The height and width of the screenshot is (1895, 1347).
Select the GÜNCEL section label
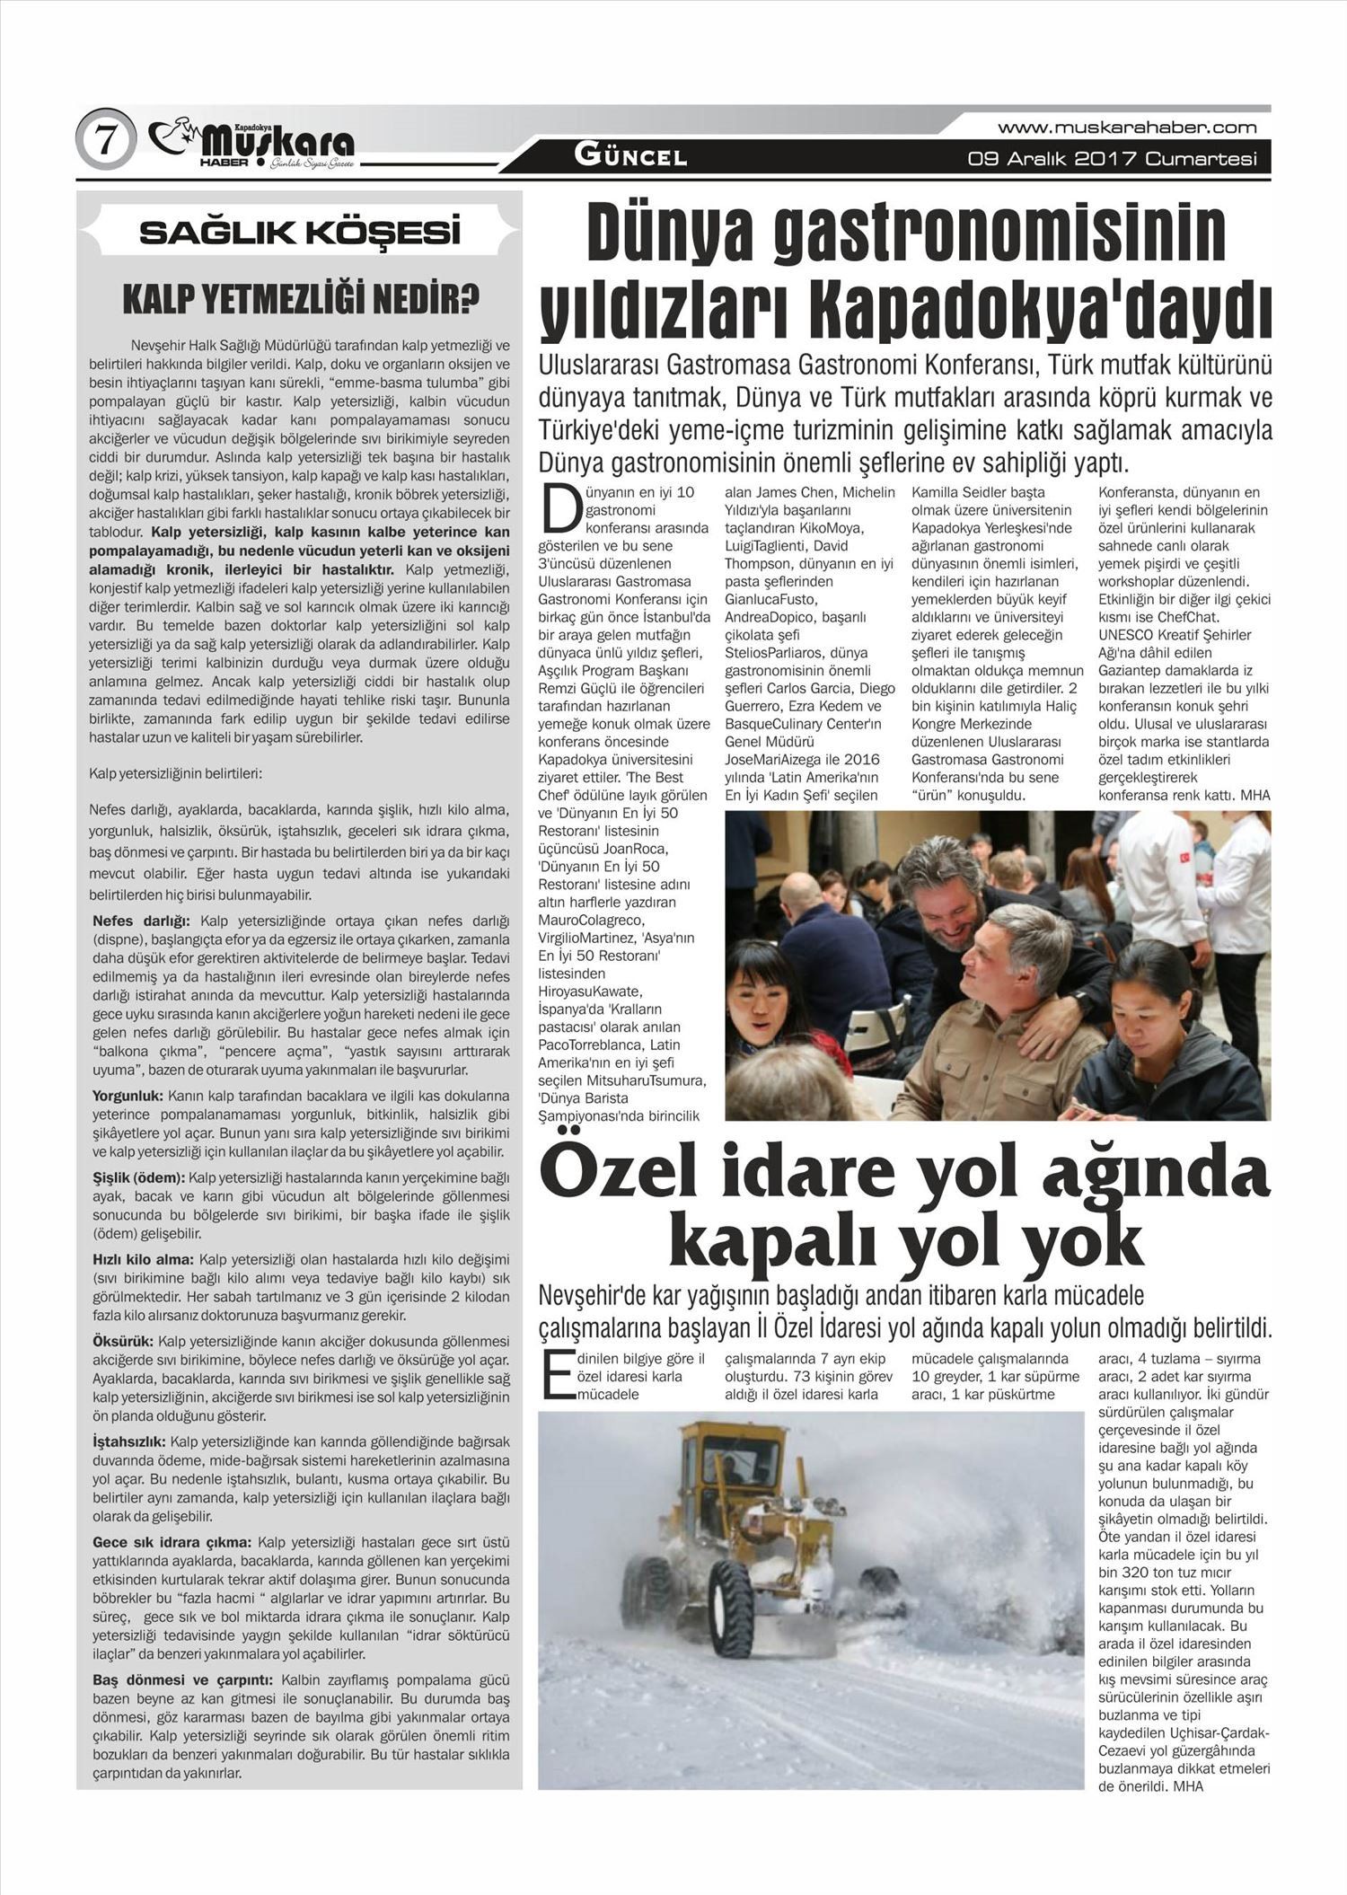630,156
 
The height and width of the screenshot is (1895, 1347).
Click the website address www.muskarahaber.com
1127,128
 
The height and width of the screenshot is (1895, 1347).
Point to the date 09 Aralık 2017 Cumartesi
1112,160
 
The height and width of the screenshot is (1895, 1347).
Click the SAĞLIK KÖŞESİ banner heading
299,233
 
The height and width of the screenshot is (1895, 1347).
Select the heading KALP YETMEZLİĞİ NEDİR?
300,300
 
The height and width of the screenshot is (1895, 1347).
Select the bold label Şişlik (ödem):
139,1177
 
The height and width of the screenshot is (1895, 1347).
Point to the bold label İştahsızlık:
128,1441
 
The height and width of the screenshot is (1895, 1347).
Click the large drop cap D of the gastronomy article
559,509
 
